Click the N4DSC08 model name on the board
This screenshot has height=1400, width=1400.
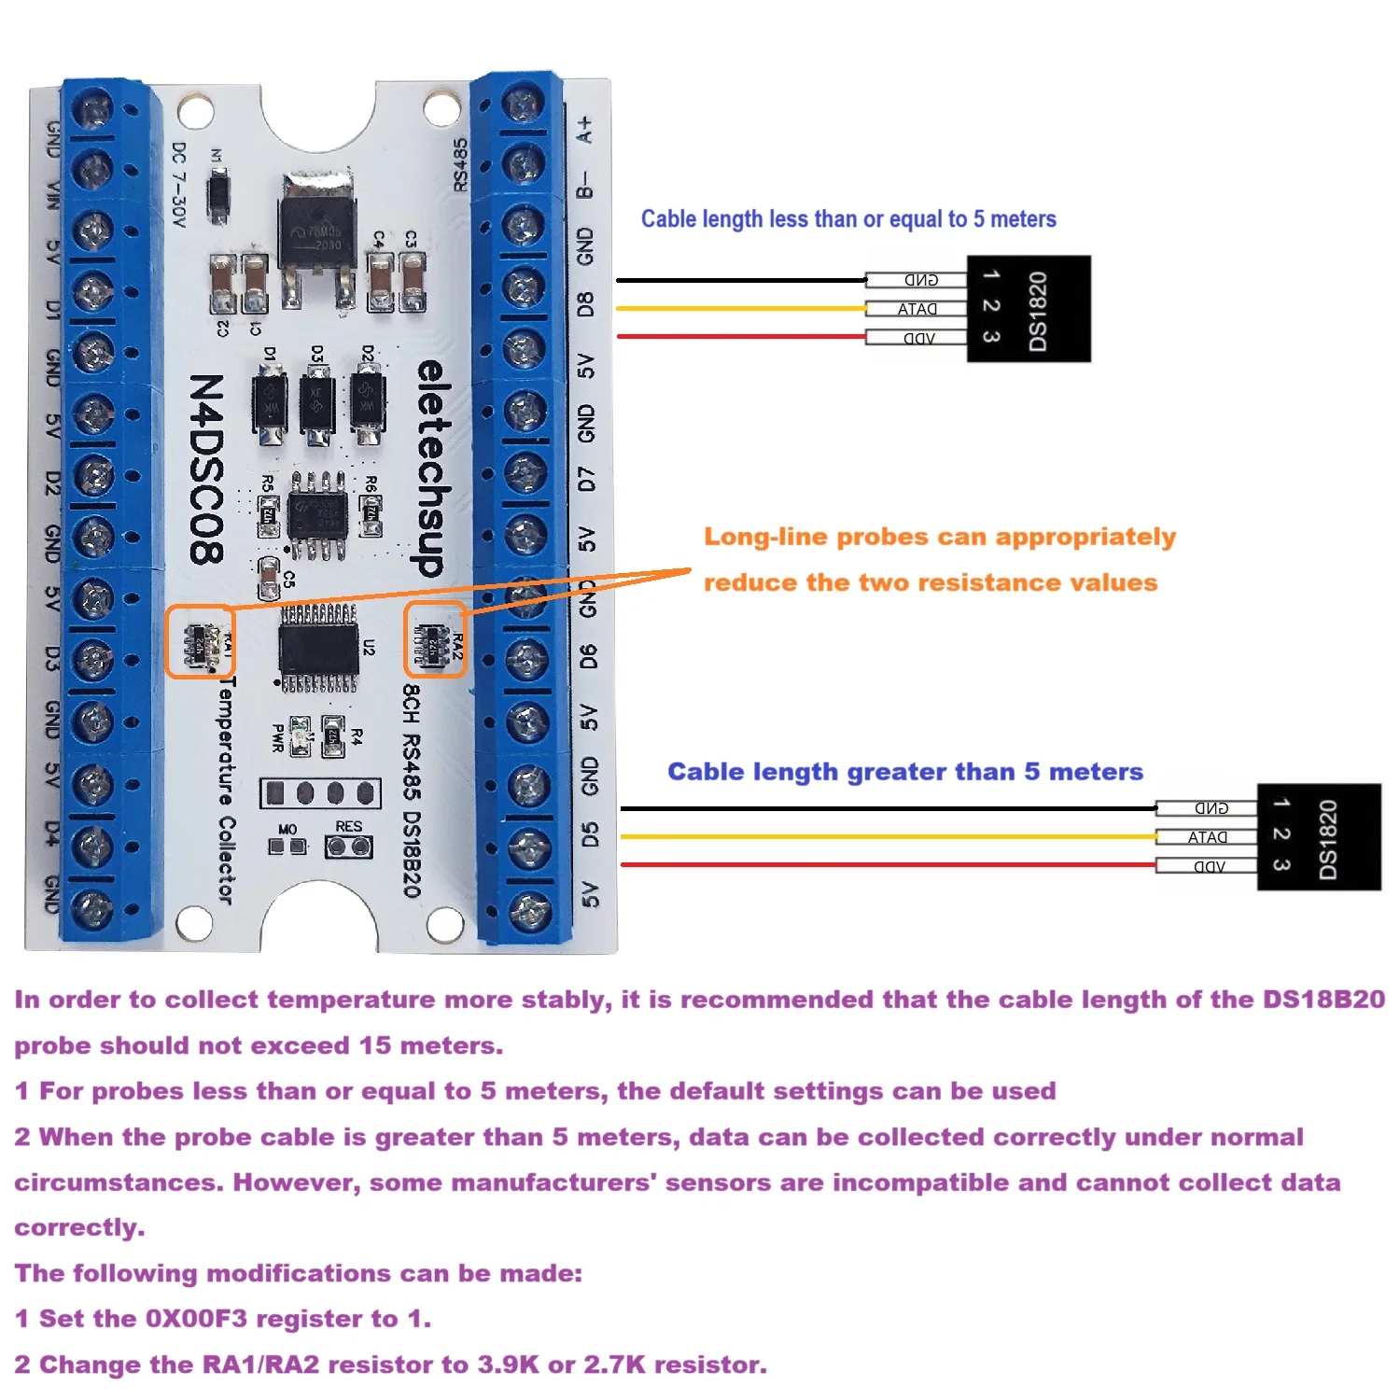[206, 469]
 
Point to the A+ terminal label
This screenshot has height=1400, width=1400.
[585, 129]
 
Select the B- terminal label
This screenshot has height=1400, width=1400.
[585, 185]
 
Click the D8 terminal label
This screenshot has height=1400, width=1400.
[585, 304]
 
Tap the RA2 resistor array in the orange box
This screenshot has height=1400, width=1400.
[432, 641]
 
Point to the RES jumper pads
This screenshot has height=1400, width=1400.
[348, 847]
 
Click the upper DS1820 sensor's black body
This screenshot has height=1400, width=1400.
[1029, 309]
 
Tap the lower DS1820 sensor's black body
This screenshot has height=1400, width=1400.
[1319, 837]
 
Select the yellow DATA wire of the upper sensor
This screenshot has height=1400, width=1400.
[742, 308]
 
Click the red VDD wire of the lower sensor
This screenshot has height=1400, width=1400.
[887, 865]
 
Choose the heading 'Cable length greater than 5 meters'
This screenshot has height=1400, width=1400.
[904, 772]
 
